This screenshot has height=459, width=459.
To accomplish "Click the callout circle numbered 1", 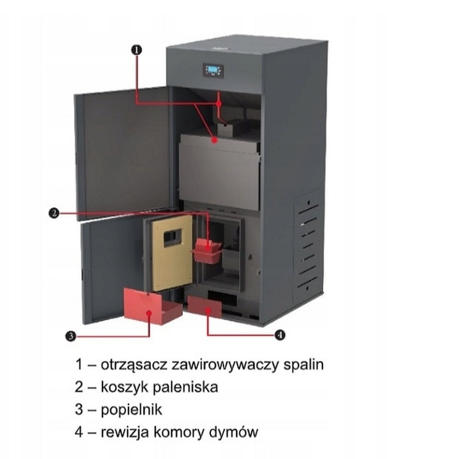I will point(136,50).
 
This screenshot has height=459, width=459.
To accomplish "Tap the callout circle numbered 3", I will point(70,336).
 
